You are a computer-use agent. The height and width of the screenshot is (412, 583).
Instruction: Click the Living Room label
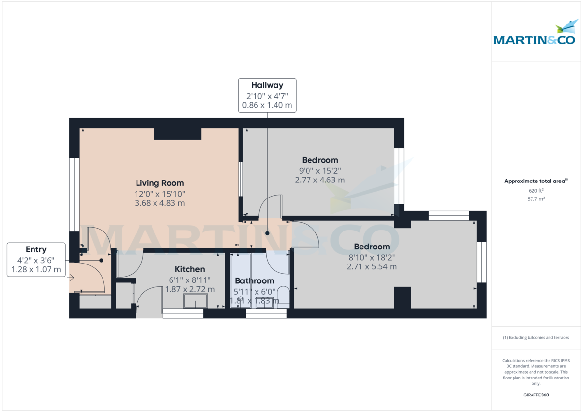159,183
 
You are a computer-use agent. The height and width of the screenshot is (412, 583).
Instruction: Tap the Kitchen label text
189,269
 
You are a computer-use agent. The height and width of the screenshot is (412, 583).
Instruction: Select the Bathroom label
254,280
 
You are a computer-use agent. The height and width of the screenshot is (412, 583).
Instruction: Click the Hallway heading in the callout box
267,85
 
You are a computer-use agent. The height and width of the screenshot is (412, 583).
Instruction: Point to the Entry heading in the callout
36,249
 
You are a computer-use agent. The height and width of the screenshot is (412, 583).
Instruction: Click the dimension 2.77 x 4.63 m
320,180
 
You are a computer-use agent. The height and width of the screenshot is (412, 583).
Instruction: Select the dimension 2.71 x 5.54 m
372,266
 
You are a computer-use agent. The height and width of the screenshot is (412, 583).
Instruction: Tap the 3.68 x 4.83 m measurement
159,203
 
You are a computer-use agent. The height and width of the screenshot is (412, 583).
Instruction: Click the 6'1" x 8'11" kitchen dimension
189,280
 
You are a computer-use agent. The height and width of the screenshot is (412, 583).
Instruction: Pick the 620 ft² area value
536,191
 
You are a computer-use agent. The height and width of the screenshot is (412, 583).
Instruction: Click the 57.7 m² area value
536,199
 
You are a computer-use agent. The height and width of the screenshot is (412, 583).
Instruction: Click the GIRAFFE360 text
536,395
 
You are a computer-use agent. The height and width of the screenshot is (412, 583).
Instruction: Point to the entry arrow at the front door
70,278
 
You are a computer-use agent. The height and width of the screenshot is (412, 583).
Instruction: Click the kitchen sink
195,301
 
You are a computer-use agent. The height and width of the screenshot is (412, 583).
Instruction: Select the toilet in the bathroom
283,297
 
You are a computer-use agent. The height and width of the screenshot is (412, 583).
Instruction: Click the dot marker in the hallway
267,233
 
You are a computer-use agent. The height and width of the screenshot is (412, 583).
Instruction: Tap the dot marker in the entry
101,260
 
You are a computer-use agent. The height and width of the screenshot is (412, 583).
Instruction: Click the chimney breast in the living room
177,133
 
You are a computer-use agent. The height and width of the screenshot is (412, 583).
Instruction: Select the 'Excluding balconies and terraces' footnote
536,337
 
